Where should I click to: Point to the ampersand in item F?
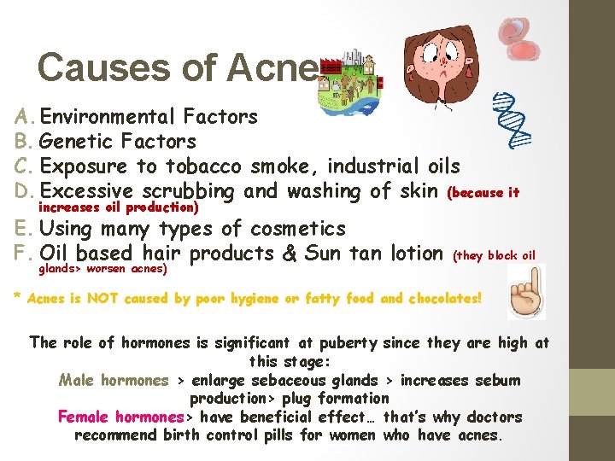pyautogui.click(x=290, y=253)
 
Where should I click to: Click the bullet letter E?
pyautogui.click(x=21, y=228)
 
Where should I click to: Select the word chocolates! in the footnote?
pyautogui.click(x=444, y=299)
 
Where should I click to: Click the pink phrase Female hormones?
pyautogui.click(x=121, y=417)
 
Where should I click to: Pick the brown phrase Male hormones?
pyautogui.click(x=114, y=380)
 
